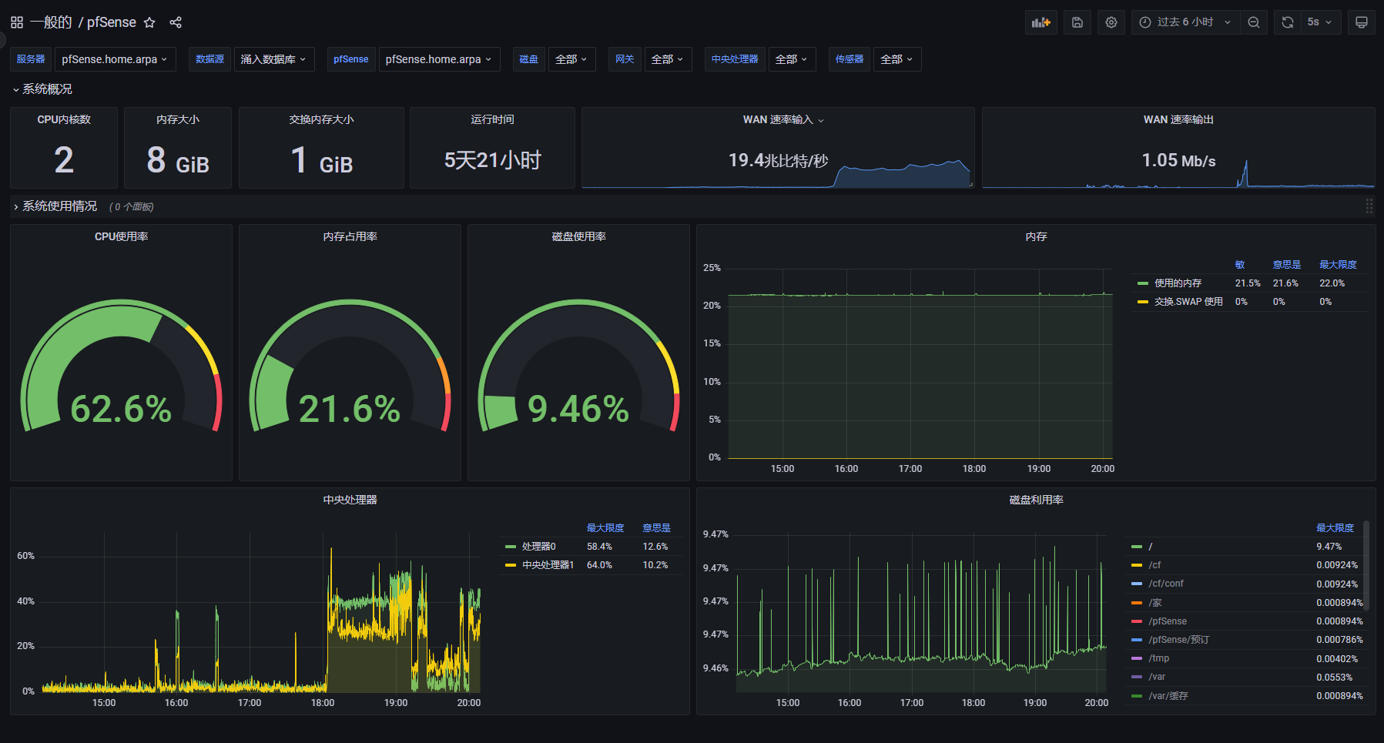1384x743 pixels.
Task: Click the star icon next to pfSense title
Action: pyautogui.click(x=149, y=22)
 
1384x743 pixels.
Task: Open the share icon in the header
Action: pyautogui.click(x=176, y=22)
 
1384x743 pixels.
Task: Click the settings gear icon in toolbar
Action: pyautogui.click(x=1111, y=22)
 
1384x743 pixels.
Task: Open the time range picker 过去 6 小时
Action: pyautogui.click(x=1185, y=22)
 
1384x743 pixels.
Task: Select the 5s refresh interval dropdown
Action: pyautogui.click(x=1319, y=22)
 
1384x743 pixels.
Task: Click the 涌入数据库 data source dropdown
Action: pyautogui.click(x=273, y=59)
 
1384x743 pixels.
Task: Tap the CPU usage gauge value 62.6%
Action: pyautogui.click(x=121, y=409)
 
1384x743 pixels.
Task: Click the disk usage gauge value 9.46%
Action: pyautogui.click(x=578, y=409)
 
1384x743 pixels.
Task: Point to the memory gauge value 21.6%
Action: pyautogui.click(x=349, y=409)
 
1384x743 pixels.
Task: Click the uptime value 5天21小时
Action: pyautogui.click(x=492, y=160)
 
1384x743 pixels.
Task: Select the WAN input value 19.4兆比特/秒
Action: pyautogui.click(x=778, y=160)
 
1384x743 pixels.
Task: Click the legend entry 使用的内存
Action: pyautogui.click(x=1177, y=283)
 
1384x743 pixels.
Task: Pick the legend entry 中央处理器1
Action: pyautogui.click(x=547, y=565)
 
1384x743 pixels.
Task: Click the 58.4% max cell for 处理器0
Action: pyautogui.click(x=599, y=547)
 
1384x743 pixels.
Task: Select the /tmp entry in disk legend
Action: pyautogui.click(x=1158, y=658)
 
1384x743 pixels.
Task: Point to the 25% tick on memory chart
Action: pyautogui.click(x=712, y=268)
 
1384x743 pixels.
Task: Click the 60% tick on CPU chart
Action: pyautogui.click(x=25, y=556)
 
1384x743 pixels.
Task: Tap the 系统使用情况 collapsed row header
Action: pyautogui.click(x=59, y=206)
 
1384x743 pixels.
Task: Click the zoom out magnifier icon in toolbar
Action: pyautogui.click(x=1253, y=22)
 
